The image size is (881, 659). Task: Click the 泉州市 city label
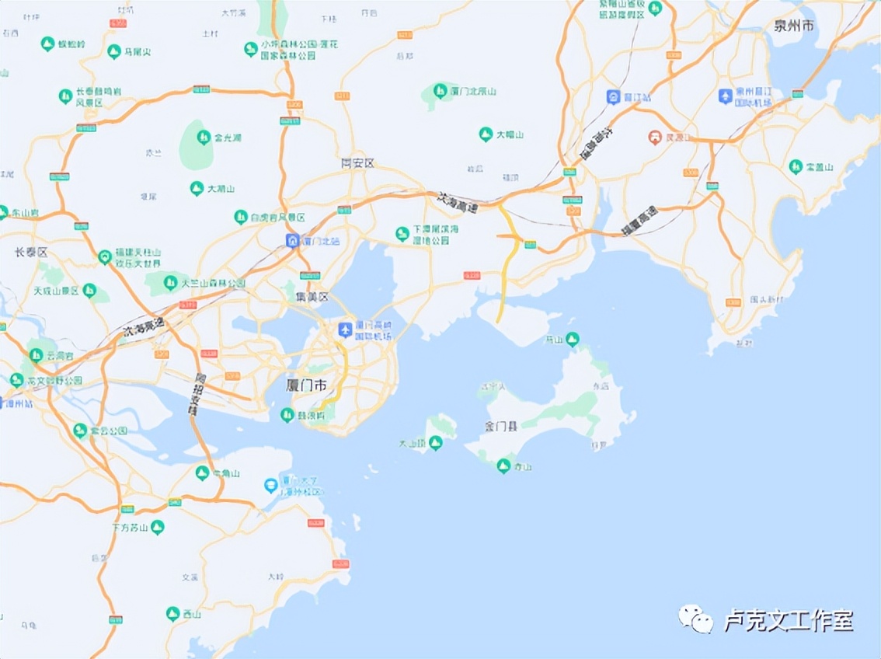794,26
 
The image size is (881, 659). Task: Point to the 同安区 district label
357,163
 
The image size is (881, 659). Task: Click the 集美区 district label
312,297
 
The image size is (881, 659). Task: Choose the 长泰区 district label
31,253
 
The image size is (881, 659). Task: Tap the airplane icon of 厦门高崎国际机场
345,329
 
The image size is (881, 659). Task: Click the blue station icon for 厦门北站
292,241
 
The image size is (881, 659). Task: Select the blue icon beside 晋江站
613,96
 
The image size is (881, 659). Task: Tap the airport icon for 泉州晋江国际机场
725,96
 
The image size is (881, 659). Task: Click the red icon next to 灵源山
655,138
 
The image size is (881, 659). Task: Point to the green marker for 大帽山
486,134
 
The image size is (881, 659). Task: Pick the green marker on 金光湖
204,138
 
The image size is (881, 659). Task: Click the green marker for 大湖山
197,188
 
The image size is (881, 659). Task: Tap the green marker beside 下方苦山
158,527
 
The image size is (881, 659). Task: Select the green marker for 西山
172,614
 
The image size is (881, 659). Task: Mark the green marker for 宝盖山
796,166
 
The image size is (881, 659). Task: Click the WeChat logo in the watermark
695,619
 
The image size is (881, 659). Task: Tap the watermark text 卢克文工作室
789,620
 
